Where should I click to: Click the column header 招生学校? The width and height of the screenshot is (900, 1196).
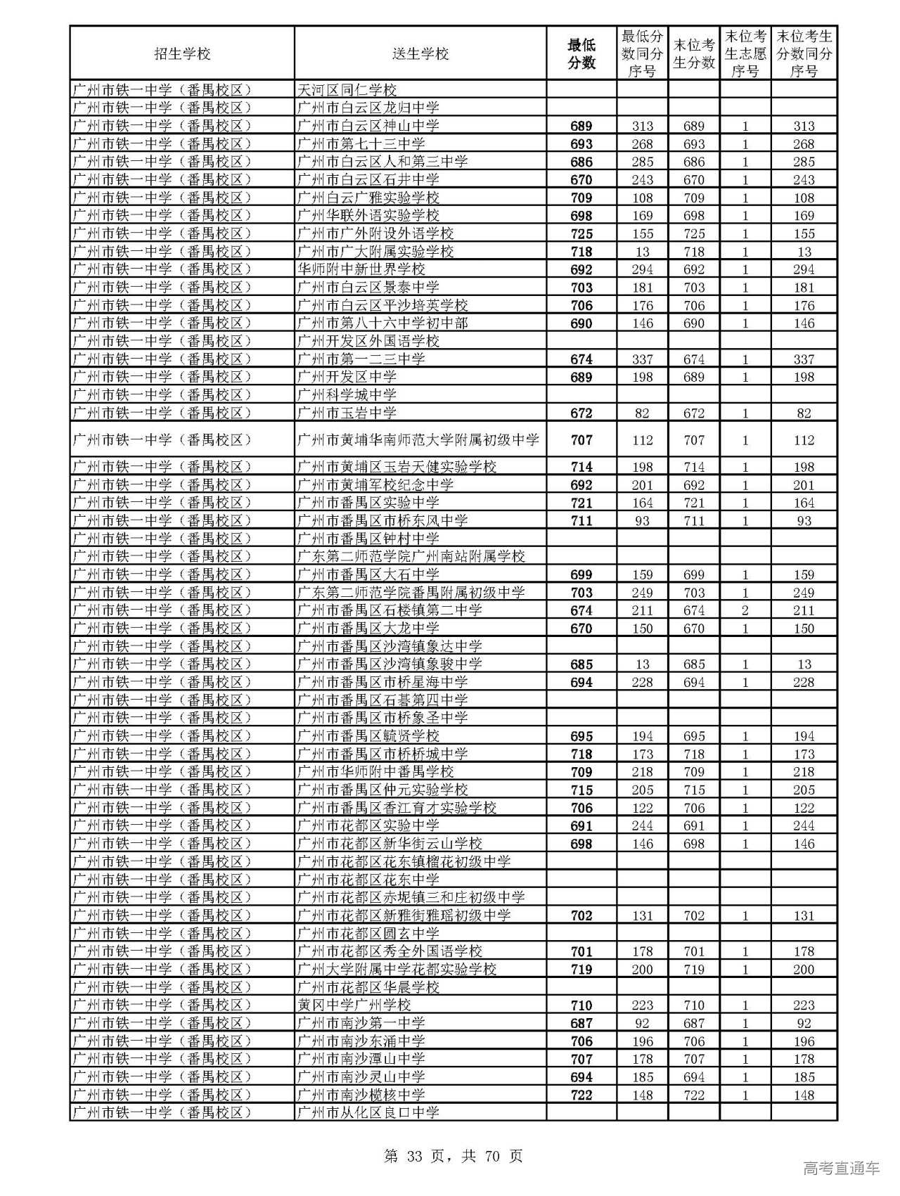pos(182,53)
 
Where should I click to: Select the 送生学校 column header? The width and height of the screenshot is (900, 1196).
pos(420,53)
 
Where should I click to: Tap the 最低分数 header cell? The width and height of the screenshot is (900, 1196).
pos(581,53)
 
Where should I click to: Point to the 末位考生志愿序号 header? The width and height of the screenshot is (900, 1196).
pos(745,53)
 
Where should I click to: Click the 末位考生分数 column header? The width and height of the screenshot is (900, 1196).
pos(693,53)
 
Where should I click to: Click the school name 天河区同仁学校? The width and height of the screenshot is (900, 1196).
pos(347,90)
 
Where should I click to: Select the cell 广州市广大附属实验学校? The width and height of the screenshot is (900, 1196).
pos(375,252)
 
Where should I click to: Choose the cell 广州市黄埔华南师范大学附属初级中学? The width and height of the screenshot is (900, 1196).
pos(418,440)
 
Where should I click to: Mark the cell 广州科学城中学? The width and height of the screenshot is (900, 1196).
pos(347,395)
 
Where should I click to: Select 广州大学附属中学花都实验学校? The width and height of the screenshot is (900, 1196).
pos(397,969)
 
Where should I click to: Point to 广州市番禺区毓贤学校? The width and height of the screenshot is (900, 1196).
pos(368,735)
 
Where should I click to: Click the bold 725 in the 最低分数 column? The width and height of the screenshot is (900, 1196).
pos(581,234)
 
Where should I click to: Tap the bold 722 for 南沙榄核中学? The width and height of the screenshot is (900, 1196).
pos(581,1095)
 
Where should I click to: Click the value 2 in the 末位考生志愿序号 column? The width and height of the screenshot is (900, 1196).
pos(745,610)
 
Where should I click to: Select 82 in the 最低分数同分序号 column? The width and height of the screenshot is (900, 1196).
pos(642,413)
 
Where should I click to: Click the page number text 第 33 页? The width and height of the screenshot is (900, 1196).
pos(413,1156)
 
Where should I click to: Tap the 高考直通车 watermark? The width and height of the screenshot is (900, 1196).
pos(841,1169)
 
